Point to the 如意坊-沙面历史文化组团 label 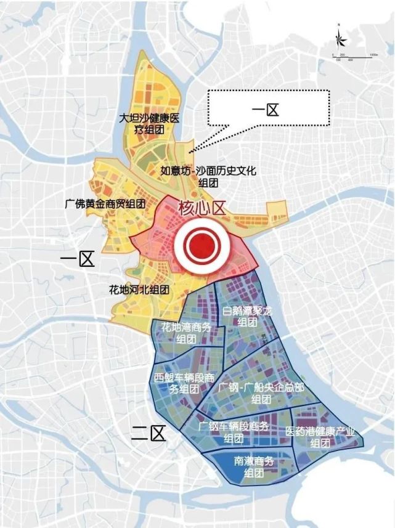(x=208, y=177)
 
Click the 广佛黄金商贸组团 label (x=105, y=203)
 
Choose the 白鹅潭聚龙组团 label (x=247, y=318)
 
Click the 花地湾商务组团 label (x=185, y=333)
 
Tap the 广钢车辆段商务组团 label (x=234, y=432)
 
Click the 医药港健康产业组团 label (x=320, y=437)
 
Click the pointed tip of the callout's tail (x=191, y=150)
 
